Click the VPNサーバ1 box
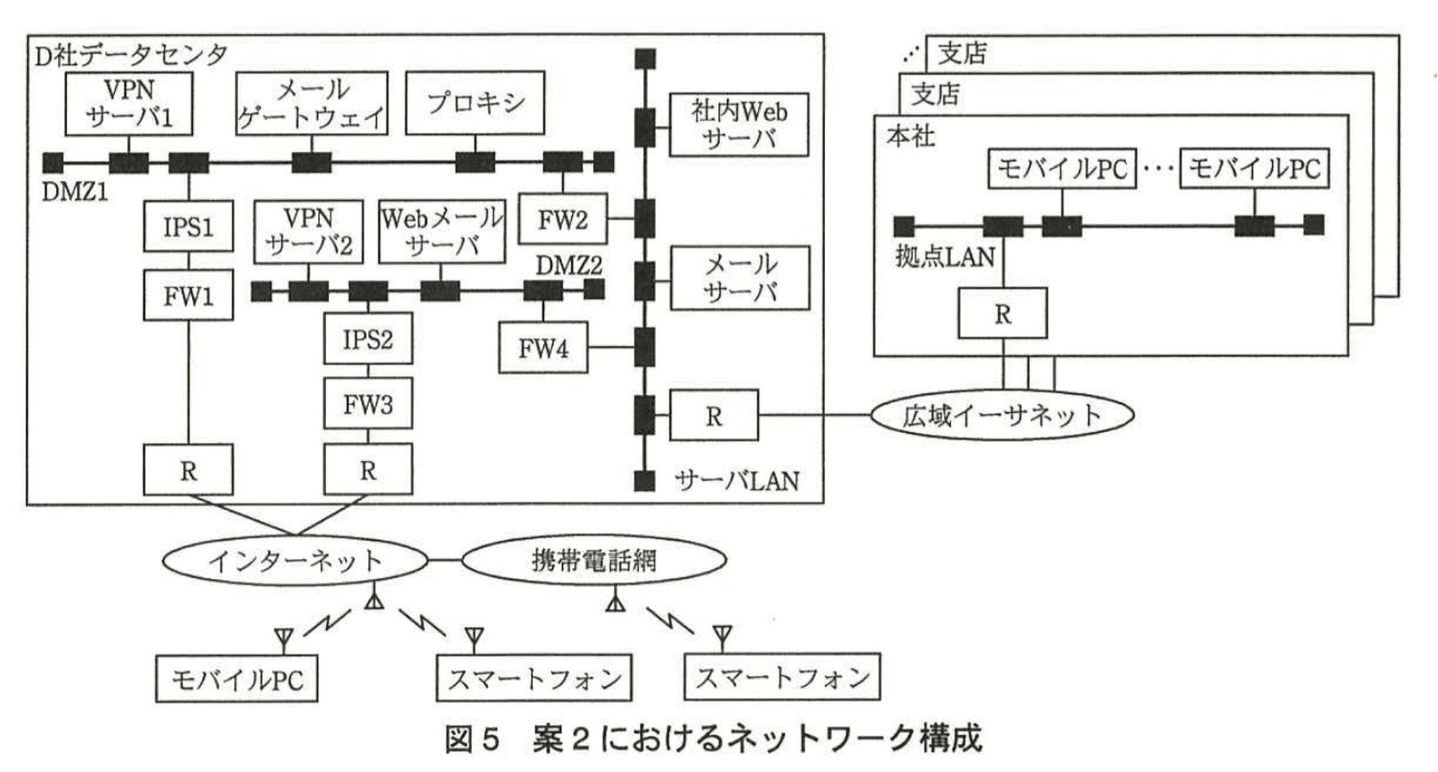(129, 103)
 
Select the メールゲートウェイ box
(311, 103)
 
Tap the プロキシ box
(476, 103)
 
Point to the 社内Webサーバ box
(738, 124)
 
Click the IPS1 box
(189, 227)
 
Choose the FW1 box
(189, 296)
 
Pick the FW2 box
(563, 219)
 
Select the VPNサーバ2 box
(309, 231)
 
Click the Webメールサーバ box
(442, 231)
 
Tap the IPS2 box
(368, 338)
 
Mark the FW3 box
(368, 403)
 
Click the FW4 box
(543, 348)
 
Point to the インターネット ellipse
(295, 561)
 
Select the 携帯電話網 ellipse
(594, 561)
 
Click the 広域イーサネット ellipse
(1002, 416)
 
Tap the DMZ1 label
(75, 191)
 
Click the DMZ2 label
(569, 265)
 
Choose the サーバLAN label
(736, 481)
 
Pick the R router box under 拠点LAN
(1002, 314)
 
